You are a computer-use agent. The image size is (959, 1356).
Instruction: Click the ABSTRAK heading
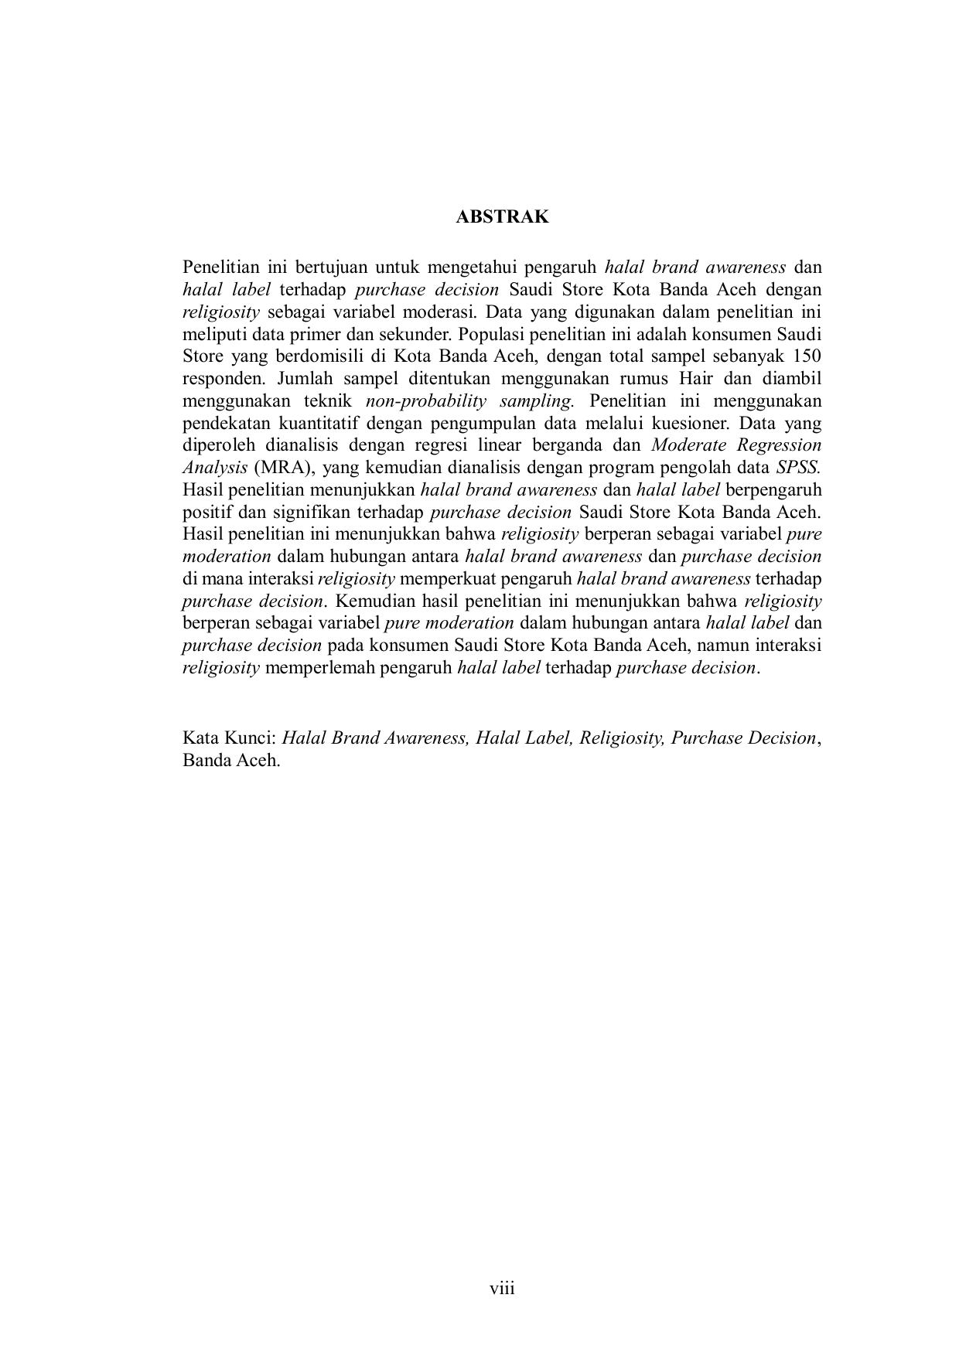click(x=502, y=217)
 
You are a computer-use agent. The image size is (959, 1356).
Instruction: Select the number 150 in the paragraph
click(x=807, y=356)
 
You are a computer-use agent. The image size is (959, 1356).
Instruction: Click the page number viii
click(x=502, y=1289)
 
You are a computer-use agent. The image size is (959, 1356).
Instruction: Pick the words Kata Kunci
click(x=228, y=738)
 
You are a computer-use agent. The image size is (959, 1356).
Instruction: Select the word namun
click(x=725, y=646)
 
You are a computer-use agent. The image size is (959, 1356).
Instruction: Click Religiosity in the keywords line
click(x=622, y=738)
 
